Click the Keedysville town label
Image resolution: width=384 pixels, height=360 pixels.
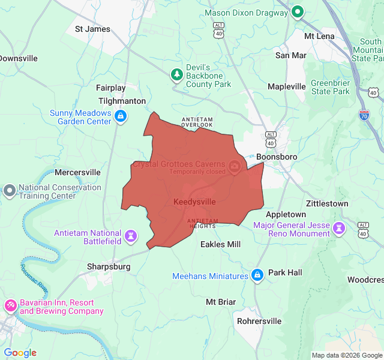[194, 202]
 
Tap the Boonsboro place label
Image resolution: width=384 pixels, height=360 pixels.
[277, 157]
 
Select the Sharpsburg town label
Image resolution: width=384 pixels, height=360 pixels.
[109, 266]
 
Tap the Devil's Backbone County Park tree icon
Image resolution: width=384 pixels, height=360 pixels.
[177, 74]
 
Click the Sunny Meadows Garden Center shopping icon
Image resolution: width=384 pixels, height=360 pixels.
[121, 116]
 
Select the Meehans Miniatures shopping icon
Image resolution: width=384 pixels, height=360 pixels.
[257, 275]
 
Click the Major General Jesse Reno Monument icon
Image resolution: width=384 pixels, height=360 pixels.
[340, 227]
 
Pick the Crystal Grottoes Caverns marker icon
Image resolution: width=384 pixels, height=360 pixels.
[235, 166]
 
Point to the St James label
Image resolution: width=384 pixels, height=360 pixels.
[92, 29]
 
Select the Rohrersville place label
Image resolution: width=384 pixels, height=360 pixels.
[259, 321]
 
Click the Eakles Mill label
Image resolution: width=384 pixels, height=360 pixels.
[220, 244]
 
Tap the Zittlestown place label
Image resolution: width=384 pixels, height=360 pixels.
[327, 203]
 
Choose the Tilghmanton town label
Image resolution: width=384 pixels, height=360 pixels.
[122, 101]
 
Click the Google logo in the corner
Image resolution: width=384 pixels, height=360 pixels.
[20, 353]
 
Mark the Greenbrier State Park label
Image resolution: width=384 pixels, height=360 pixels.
[330, 87]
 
